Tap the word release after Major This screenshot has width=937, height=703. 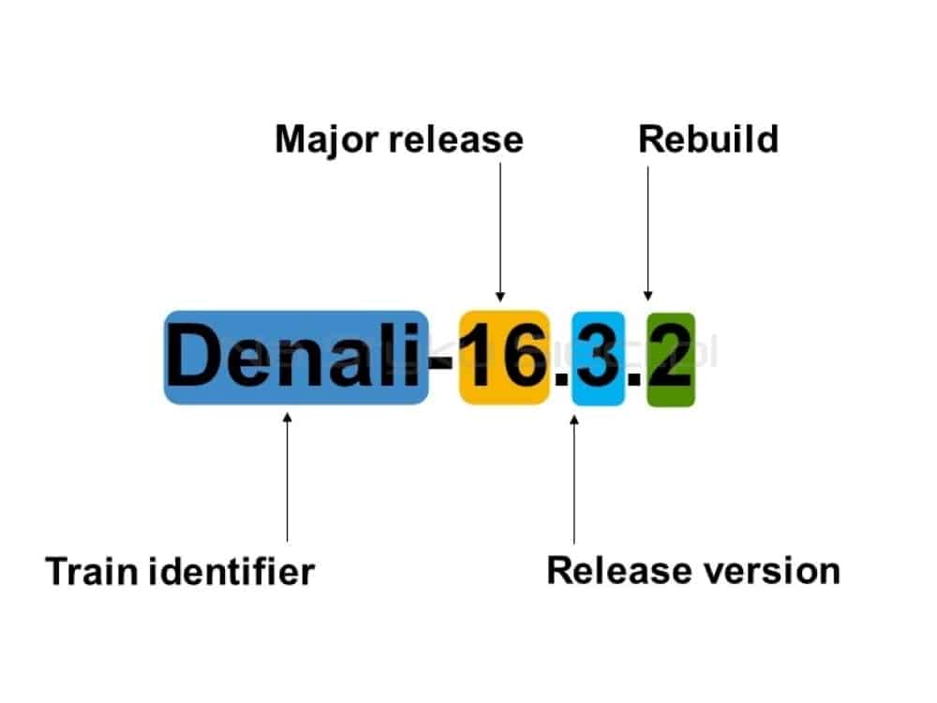click(x=456, y=139)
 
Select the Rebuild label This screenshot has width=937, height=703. click(x=708, y=139)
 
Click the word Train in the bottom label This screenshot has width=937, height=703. click(x=92, y=571)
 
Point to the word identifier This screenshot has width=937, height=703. click(x=231, y=571)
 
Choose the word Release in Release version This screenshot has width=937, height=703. click(x=619, y=570)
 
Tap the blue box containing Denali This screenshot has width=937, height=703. click(x=296, y=358)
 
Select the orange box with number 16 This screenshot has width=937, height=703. click(x=504, y=358)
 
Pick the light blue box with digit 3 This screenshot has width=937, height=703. click(x=598, y=359)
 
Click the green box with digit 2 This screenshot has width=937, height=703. click(x=671, y=359)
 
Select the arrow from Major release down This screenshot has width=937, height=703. click(x=500, y=232)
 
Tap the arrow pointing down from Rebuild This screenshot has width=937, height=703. click(x=647, y=233)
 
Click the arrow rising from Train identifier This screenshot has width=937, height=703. click(x=288, y=476)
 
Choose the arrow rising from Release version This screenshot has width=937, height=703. click(x=574, y=479)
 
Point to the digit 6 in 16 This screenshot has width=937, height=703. click(x=526, y=357)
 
